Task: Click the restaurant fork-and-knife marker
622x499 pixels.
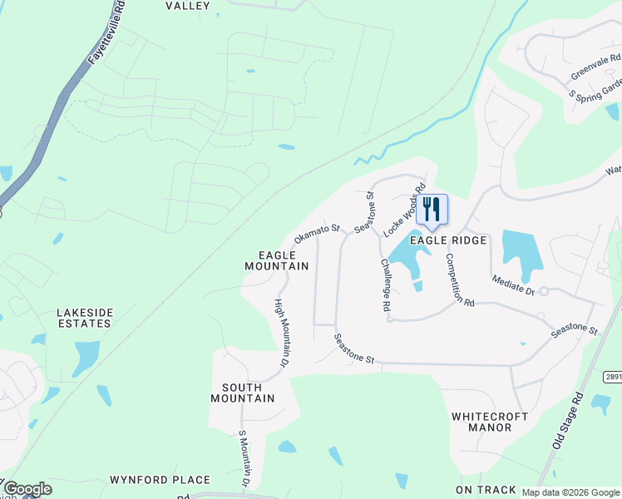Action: coord(432,209)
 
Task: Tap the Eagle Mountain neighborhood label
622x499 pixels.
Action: coord(276,259)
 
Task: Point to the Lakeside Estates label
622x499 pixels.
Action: coord(84,318)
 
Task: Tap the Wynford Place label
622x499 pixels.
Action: coord(160,480)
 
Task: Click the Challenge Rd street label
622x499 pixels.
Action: coord(386,284)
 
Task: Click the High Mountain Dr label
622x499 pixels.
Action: coord(282,333)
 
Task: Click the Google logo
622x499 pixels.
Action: coord(27,489)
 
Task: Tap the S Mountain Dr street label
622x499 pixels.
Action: coord(244,458)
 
